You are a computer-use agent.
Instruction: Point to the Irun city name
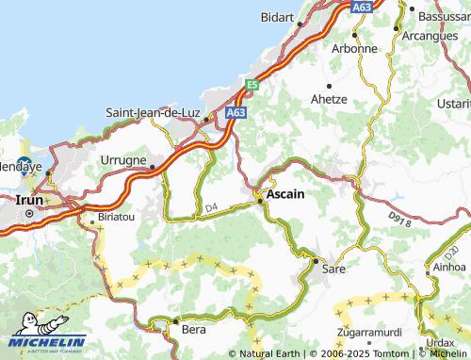[x=21, y=200]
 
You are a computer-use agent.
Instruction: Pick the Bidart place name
[x=277, y=18]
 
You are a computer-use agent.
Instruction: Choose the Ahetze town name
[x=329, y=99]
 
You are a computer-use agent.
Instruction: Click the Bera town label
[x=193, y=332]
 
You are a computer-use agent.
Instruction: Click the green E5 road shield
[x=252, y=85]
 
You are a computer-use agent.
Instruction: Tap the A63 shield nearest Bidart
[x=362, y=7]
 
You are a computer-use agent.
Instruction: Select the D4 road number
[x=210, y=206]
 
